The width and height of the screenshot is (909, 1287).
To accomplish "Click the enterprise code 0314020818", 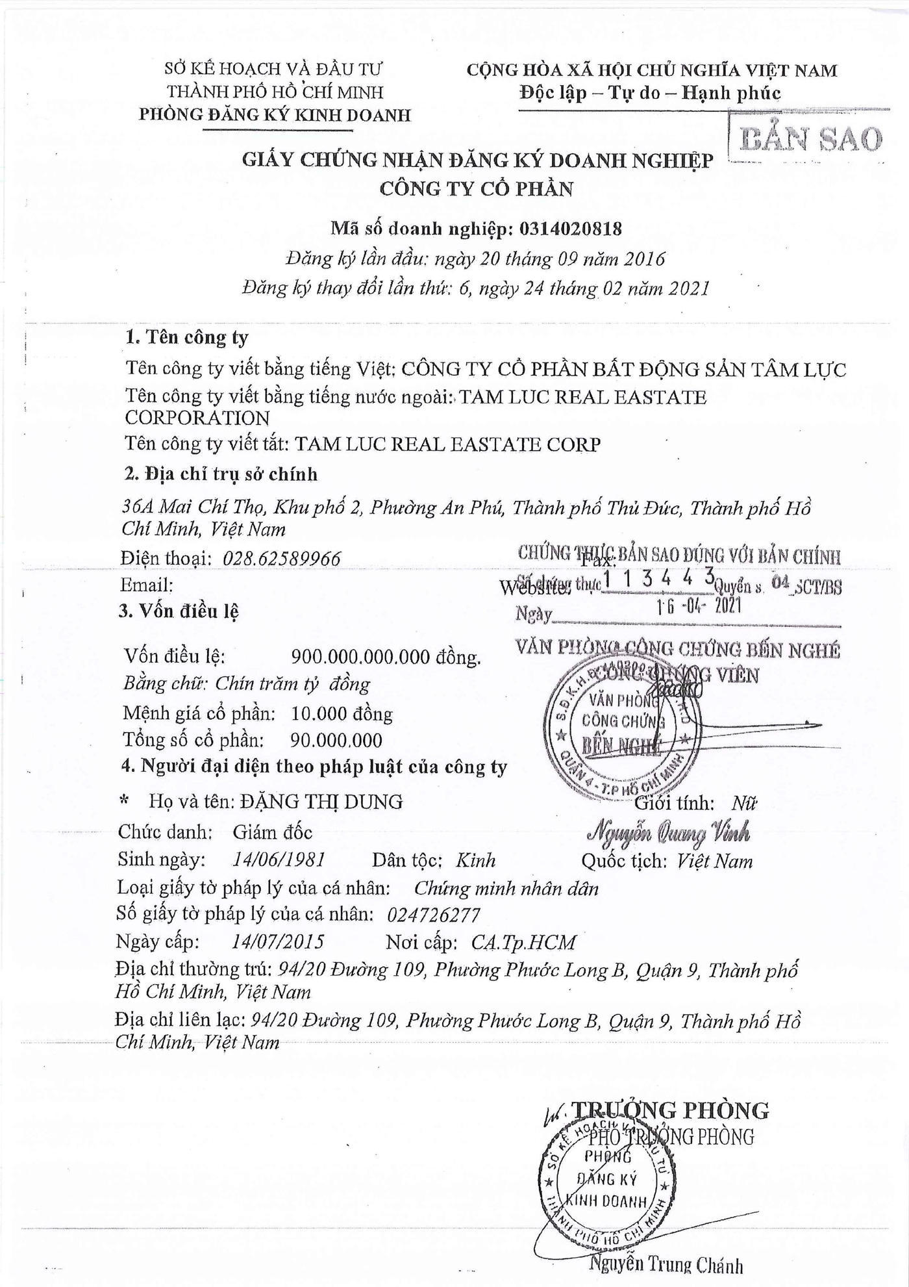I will tap(568, 229).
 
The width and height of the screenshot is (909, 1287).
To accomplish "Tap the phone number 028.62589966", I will tap(282, 559).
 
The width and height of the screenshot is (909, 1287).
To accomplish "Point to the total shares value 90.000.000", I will tap(336, 740).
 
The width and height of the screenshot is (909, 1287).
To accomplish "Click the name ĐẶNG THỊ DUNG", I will tap(321, 802).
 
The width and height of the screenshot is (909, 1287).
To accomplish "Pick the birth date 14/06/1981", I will tap(279, 860).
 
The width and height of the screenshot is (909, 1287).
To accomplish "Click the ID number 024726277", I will tap(433, 915).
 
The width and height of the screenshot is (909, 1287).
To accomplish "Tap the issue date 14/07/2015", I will tap(277, 942).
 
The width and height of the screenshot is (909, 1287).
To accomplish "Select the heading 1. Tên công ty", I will tap(187, 337).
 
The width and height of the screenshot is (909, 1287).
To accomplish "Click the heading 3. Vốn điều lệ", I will tap(179, 611).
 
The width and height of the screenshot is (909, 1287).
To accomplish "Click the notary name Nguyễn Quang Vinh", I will tap(668, 832).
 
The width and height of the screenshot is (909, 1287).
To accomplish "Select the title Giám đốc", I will tap(273, 832).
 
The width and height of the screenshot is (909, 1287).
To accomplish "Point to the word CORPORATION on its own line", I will tap(197, 418).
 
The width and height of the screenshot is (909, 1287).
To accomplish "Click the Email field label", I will tap(147, 585).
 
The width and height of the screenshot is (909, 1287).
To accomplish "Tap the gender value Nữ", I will tap(744, 803).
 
